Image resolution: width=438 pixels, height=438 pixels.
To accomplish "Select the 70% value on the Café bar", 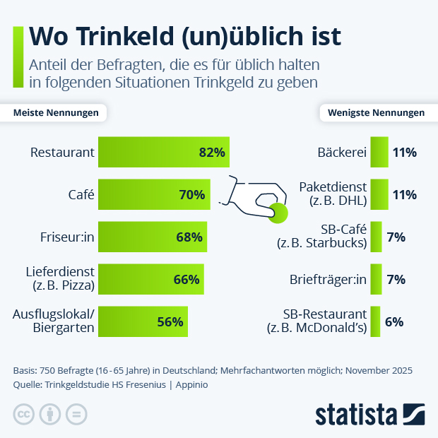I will pos(191,194).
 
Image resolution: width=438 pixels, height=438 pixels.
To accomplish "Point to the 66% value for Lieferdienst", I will pos(187,279).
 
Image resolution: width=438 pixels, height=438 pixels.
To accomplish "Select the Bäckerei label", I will pos(342,152).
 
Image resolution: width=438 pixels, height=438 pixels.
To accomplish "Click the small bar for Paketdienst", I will pos(379,194).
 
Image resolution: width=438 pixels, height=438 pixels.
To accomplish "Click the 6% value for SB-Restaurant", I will pos(394,321).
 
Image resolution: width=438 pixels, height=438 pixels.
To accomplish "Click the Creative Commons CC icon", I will pos(24,414).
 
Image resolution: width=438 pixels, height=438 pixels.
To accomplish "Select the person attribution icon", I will pos(50,414).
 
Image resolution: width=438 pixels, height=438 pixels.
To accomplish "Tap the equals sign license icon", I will pos(76,414).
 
